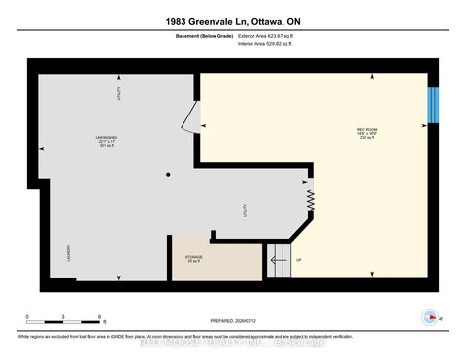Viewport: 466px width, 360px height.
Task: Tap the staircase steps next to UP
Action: pyautogui.click(x=278, y=260)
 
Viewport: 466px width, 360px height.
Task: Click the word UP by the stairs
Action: pyautogui.click(x=298, y=260)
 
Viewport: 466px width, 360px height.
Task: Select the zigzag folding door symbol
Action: pyautogui.click(x=312, y=200)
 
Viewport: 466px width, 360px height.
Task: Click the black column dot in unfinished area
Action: pyautogui.click(x=167, y=175)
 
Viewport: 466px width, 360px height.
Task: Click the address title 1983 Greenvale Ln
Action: pyautogui.click(x=232, y=21)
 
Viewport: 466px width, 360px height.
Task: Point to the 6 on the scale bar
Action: pyautogui.click(x=98, y=317)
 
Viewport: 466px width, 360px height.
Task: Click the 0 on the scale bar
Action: pyautogui.click(x=27, y=317)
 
